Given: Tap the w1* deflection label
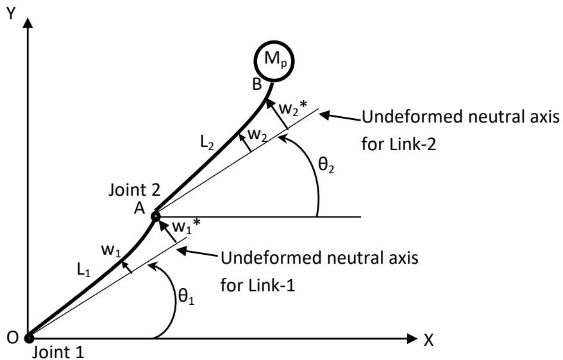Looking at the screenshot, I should coord(183,225).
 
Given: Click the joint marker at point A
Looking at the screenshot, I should coord(155,216).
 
